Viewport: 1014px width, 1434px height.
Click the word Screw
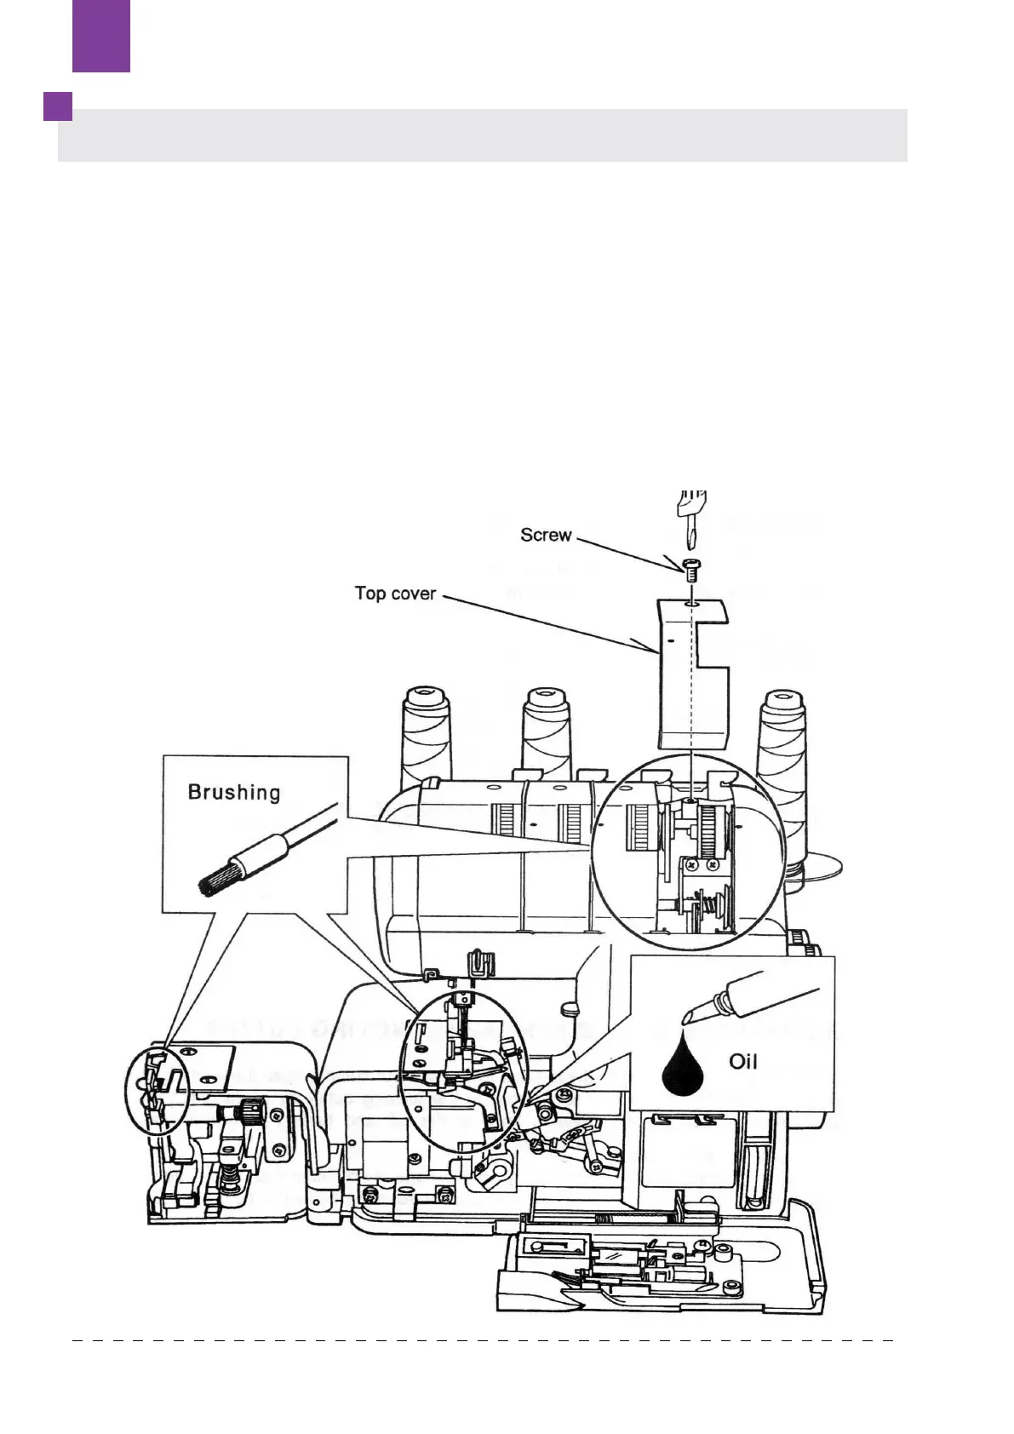point(546,535)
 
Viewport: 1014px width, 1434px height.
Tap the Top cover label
point(395,593)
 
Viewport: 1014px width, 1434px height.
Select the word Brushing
point(233,792)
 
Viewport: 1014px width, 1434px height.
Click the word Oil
point(742,1061)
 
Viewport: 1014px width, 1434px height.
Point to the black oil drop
point(683,1068)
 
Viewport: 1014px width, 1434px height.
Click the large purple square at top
point(101,35)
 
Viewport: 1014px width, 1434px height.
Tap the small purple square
point(58,106)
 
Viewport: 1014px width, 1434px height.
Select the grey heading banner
point(482,135)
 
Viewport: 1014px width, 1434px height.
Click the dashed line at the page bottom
point(482,1339)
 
